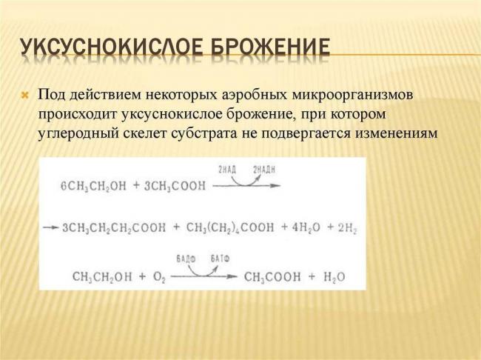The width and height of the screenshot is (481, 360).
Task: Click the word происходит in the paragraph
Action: pyautogui.click(x=76, y=116)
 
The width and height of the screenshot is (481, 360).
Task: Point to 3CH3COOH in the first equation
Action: pyautogui.click(x=175, y=186)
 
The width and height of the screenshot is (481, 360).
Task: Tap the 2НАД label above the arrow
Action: pyautogui.click(x=226, y=170)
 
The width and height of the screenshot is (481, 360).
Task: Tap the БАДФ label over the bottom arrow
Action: pyautogui.click(x=185, y=259)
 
